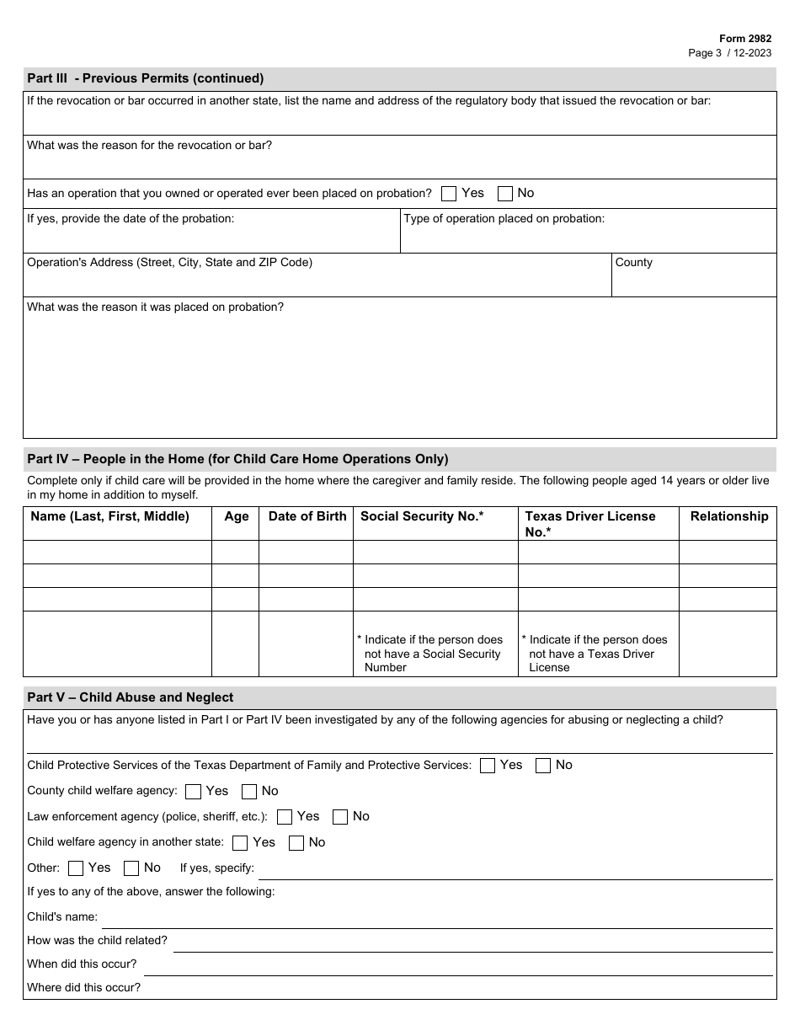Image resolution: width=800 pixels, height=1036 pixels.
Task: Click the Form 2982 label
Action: (x=744, y=39)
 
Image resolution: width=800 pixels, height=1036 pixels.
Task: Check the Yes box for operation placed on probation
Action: (x=449, y=194)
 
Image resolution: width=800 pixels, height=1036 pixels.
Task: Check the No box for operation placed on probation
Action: (x=505, y=194)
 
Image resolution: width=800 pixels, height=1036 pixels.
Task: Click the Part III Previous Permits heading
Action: (x=146, y=78)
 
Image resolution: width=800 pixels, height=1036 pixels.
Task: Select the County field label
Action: (x=633, y=263)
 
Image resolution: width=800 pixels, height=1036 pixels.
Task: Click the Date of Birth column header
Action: (x=307, y=516)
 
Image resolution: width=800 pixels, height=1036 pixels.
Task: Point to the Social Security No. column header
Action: (x=422, y=516)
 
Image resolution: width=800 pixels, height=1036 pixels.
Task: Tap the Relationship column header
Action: (x=728, y=516)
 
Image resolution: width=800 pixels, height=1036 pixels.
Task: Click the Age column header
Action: (x=236, y=516)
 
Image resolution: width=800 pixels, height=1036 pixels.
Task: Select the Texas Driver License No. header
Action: (x=589, y=523)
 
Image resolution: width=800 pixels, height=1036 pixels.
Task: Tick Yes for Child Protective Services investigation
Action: (x=488, y=766)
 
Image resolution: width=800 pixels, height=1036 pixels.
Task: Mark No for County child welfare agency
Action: (x=249, y=792)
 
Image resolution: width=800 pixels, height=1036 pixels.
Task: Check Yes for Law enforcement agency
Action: (x=285, y=817)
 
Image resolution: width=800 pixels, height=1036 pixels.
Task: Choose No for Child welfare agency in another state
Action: (x=296, y=843)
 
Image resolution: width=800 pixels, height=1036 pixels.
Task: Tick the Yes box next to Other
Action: (x=76, y=868)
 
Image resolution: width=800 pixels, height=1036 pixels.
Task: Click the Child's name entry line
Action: (x=436, y=917)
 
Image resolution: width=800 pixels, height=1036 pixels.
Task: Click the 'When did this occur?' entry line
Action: (x=457, y=964)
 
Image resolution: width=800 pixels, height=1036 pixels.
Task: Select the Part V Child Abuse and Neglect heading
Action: (x=130, y=697)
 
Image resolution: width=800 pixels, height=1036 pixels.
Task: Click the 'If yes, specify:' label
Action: (x=216, y=868)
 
